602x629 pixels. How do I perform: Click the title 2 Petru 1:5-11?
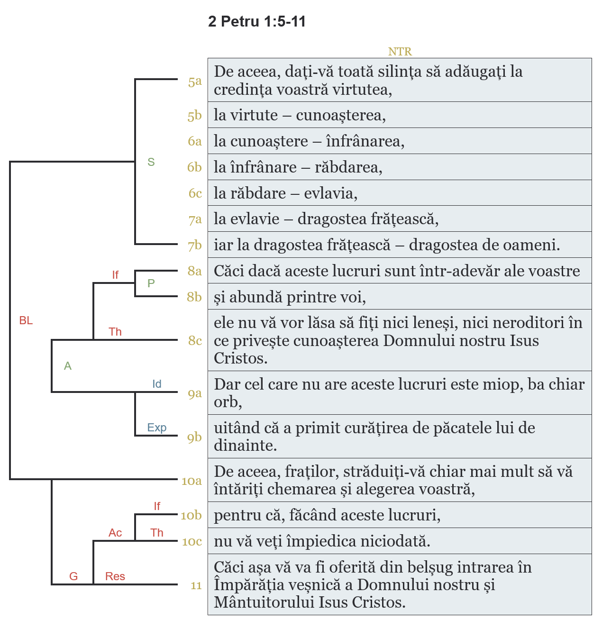[x=256, y=22]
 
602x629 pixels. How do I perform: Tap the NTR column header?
[x=400, y=52]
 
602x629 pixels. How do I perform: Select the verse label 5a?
[x=195, y=82]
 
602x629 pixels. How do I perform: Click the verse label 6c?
[x=195, y=193]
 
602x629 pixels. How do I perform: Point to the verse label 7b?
[x=195, y=246]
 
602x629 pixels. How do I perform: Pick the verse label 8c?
[x=195, y=340]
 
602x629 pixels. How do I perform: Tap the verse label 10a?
[x=192, y=481]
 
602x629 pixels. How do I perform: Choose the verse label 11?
[x=196, y=586]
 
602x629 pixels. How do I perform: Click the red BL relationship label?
[x=26, y=321]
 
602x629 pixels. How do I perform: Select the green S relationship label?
[x=151, y=162]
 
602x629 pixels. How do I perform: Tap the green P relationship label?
[x=151, y=283]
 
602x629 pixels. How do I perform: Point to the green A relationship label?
[x=68, y=366]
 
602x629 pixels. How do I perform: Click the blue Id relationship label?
[x=157, y=384]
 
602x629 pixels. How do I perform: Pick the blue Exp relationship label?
[x=157, y=428]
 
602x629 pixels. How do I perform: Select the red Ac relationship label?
[x=115, y=533]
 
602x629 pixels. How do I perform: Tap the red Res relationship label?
[x=115, y=576]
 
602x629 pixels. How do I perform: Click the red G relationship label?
[x=73, y=576]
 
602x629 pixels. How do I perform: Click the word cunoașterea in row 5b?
[x=340, y=115]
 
